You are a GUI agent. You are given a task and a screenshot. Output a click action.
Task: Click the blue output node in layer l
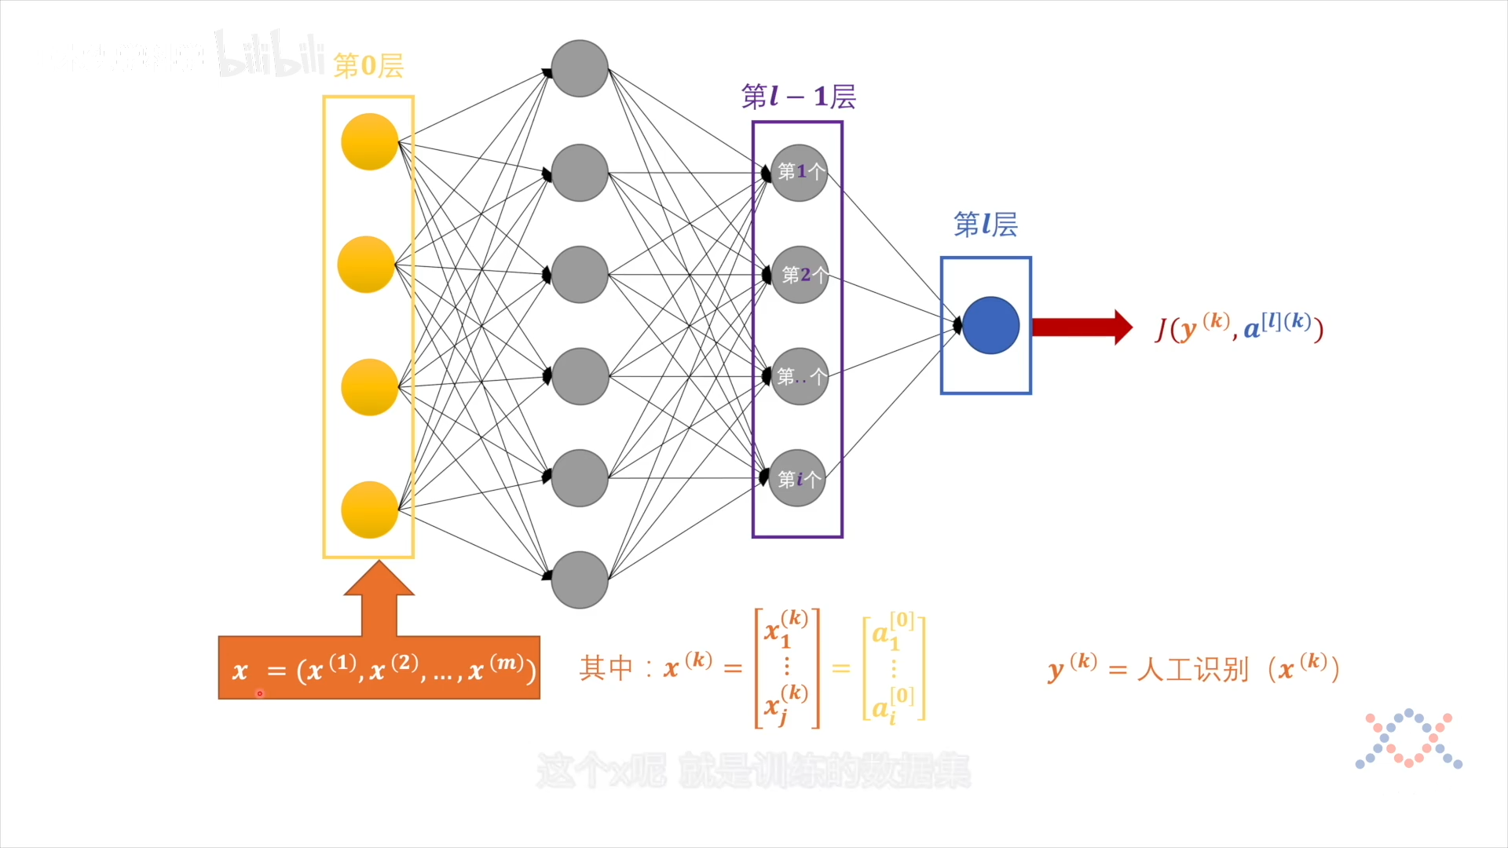click(990, 325)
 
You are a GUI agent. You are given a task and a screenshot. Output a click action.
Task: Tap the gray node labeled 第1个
click(800, 173)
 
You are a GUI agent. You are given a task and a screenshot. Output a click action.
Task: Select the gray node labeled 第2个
click(800, 275)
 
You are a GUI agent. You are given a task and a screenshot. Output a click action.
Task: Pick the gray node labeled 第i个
click(798, 478)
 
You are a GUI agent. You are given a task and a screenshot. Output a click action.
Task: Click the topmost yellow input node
click(369, 141)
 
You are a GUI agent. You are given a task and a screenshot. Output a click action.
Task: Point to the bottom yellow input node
click(369, 510)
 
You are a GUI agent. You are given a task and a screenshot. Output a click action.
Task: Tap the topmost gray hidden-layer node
click(580, 68)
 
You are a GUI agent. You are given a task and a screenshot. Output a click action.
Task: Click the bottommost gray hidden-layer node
click(580, 579)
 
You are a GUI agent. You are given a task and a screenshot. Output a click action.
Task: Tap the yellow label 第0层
click(368, 66)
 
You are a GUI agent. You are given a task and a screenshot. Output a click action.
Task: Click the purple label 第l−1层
click(798, 97)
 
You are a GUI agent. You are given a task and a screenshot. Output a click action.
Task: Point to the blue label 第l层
click(986, 225)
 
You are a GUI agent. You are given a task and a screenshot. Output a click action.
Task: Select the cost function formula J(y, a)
click(1239, 327)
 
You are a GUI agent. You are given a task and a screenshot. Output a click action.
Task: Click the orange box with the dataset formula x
click(379, 668)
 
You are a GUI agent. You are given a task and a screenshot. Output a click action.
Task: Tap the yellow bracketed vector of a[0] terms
click(894, 668)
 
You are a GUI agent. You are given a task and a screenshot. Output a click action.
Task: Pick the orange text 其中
click(606, 668)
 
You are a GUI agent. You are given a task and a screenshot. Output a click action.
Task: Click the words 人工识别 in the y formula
click(1192, 670)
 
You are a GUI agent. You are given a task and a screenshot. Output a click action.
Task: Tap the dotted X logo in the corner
click(1409, 739)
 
